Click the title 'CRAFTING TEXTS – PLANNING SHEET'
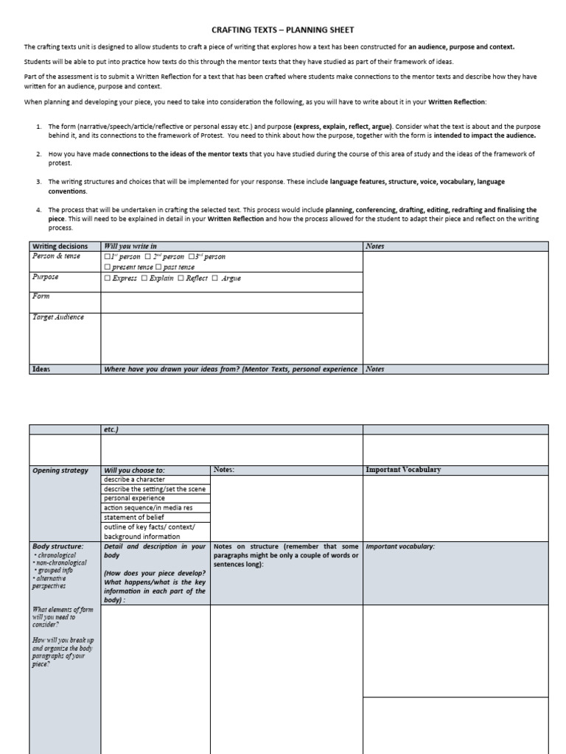pos(283,30)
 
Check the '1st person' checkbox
pos(108,257)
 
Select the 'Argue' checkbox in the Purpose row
pos(215,279)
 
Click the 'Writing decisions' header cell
pos(60,247)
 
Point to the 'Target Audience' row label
pos(57,317)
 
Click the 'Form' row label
pos(41,296)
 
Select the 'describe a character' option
pos(134,479)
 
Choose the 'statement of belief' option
pos(134,518)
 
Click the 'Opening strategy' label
pos(60,471)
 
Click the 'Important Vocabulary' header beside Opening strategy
pos(403,470)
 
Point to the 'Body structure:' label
pos(58,546)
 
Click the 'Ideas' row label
pos(41,370)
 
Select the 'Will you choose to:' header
pos(134,471)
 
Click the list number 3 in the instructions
pos(38,181)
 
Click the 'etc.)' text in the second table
pos(111,429)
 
